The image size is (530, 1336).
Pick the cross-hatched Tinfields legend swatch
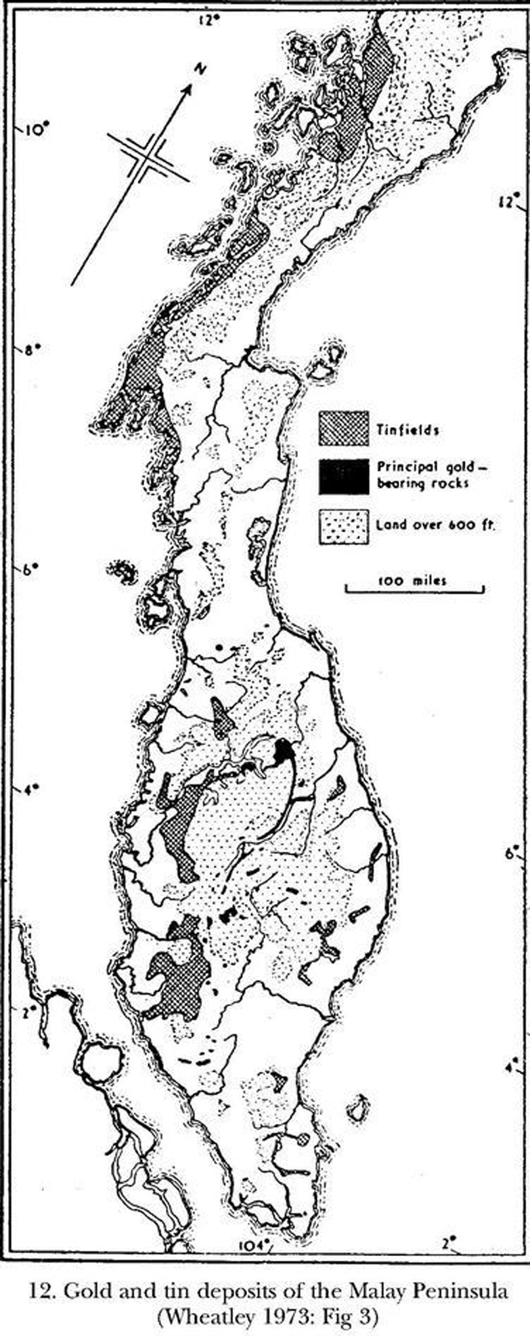click(x=344, y=429)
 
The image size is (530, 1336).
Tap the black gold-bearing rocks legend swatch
click(x=344, y=476)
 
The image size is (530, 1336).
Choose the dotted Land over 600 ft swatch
click(x=344, y=525)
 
